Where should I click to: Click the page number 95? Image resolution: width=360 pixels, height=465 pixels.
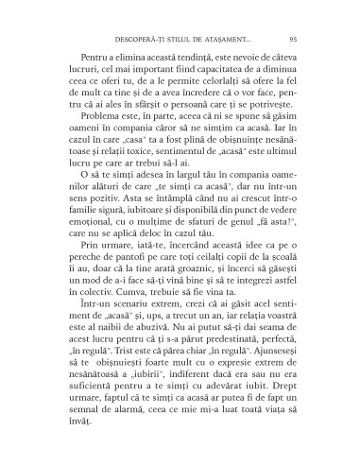pyautogui.click(x=293, y=38)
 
